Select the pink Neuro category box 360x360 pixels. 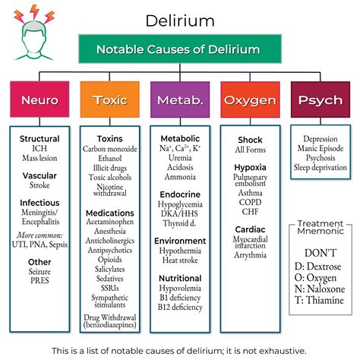click(x=39, y=99)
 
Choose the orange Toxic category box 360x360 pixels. click(x=109, y=99)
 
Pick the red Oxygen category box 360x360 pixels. click(x=250, y=99)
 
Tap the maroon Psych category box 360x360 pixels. click(x=320, y=99)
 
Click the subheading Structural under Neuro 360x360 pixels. click(x=39, y=139)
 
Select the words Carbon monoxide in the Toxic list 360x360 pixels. click(x=110, y=149)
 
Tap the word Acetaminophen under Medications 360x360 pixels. click(x=110, y=223)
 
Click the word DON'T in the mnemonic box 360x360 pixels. click(x=320, y=251)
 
